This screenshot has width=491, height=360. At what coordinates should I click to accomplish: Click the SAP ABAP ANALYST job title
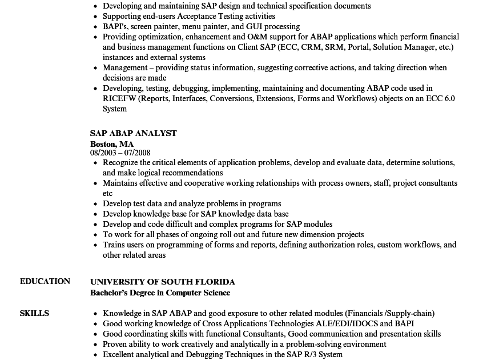[x=134, y=133]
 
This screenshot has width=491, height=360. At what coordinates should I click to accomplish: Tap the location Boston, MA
[x=112, y=144]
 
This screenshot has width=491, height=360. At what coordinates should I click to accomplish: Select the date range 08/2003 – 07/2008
[x=120, y=153]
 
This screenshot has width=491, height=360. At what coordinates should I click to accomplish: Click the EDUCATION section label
[x=45, y=281]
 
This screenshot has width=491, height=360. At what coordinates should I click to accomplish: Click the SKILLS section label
[x=34, y=313]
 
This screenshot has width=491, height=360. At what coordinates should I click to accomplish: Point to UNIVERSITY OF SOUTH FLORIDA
[x=163, y=282]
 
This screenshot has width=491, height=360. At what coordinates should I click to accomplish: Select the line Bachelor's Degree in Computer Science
[x=160, y=293]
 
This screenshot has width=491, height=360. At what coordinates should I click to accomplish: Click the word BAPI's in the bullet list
[x=114, y=26]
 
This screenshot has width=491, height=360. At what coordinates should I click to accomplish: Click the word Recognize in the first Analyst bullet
[x=123, y=162]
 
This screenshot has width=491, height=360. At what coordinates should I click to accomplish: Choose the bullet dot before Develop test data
[x=96, y=204]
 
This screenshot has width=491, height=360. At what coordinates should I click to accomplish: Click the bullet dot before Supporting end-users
[x=96, y=17]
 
